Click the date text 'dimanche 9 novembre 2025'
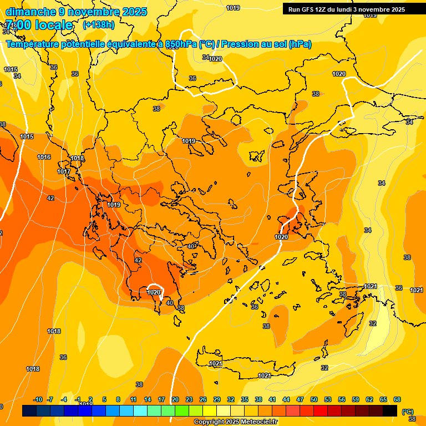76,12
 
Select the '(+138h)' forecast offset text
99,25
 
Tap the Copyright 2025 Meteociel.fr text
235,422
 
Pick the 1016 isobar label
44,158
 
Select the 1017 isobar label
64,172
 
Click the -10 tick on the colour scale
38,399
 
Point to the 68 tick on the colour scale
397,399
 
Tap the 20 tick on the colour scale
175,399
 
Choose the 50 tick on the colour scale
314,399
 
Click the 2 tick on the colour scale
91,399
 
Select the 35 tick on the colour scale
245,399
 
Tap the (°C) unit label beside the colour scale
407,412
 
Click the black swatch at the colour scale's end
390,410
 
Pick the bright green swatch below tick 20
182,410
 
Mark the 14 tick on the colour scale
148,399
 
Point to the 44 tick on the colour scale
286,399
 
